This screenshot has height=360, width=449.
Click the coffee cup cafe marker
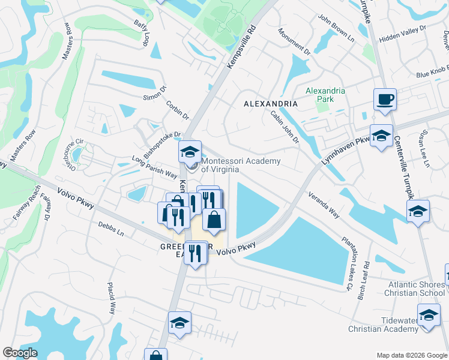pyautogui.click(x=384, y=99)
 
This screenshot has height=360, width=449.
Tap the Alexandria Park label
pyautogui.click(x=325, y=95)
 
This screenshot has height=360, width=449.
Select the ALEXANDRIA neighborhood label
pyautogui.click(x=271, y=104)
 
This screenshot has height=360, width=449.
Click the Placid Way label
pyautogui.click(x=111, y=298)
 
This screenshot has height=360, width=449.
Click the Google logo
pyautogui.click(x=20, y=353)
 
